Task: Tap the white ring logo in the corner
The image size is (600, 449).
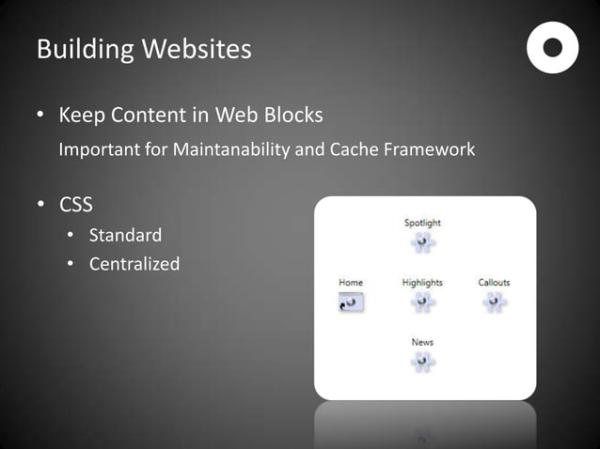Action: click(552, 47)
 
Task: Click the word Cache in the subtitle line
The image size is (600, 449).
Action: click(354, 149)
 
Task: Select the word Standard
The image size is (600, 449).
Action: click(125, 235)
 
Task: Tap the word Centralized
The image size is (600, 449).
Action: click(134, 264)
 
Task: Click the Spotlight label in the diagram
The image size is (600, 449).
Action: click(422, 223)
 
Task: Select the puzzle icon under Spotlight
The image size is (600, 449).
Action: click(422, 242)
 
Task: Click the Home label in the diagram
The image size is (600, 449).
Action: click(351, 283)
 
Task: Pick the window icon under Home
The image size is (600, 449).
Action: click(351, 302)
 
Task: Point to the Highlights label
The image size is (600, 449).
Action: click(422, 283)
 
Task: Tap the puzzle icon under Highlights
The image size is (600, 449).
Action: click(422, 302)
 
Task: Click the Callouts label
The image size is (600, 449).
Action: click(494, 283)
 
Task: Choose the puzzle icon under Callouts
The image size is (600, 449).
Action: click(494, 302)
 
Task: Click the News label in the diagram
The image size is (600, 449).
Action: click(422, 342)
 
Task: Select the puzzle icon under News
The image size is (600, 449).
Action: click(422, 362)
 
